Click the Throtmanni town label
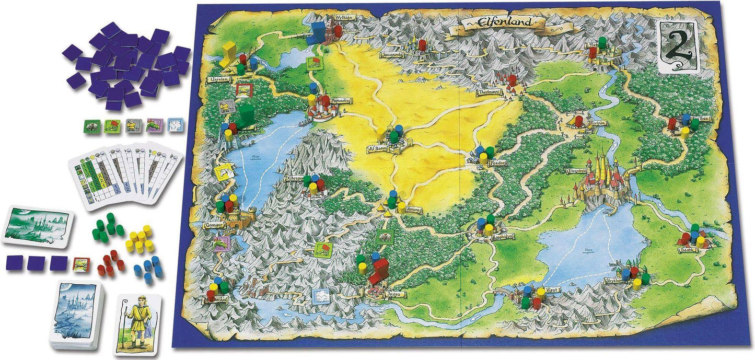(490, 92)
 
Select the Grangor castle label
(213, 225)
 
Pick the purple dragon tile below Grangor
(221, 243)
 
